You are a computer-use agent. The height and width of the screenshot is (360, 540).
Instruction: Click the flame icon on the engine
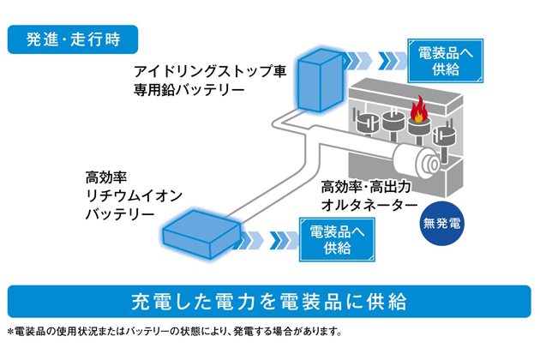[420, 109]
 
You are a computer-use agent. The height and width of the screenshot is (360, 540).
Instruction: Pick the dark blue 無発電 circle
[442, 226]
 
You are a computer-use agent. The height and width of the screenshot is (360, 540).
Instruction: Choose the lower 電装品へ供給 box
[336, 239]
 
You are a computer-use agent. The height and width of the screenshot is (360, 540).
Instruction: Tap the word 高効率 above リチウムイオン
[105, 177]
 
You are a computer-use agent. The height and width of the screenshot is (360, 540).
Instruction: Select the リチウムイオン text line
[132, 195]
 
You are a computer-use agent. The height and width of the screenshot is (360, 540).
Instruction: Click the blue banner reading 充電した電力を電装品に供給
[268, 301]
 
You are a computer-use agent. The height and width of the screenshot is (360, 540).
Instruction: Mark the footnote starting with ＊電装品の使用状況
[175, 331]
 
